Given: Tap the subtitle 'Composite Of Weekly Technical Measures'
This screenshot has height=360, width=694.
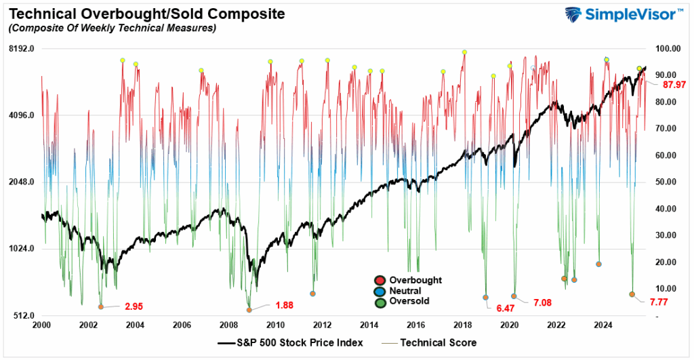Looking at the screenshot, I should pos(112,28).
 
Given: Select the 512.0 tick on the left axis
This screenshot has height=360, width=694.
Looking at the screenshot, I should pos(22,316).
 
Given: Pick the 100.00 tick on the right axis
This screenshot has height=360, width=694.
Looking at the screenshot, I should pos(667,49).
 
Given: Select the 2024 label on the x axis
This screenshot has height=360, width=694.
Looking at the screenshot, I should pos(604,325).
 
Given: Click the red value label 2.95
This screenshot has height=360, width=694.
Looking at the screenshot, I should pos(134,306).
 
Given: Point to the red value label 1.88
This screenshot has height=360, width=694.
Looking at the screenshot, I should pos(284,305).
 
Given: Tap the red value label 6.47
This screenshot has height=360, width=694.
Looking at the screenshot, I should pos(506,308).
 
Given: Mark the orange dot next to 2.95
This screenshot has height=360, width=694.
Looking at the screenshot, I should pos(101,306).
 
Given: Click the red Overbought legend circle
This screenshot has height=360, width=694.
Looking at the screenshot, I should pos(380,280).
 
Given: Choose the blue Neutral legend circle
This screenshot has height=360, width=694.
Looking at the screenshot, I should pos(380,291).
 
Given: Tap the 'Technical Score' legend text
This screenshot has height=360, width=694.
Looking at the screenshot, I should pos(438,342).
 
